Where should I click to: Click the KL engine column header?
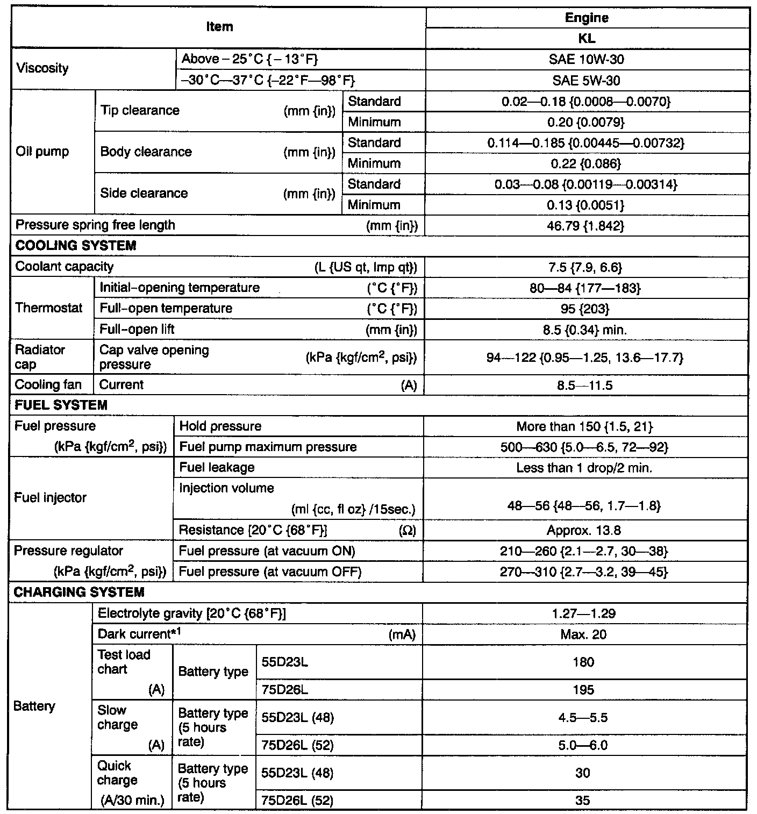coord(587,39)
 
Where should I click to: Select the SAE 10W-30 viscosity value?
coord(587,59)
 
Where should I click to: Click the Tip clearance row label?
coord(140,111)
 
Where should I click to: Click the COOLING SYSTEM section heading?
coord(76,246)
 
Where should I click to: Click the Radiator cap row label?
coord(40,357)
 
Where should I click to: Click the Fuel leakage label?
coord(217,468)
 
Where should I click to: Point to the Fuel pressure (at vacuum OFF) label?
coord(270,572)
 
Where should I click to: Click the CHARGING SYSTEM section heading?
coord(79,592)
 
